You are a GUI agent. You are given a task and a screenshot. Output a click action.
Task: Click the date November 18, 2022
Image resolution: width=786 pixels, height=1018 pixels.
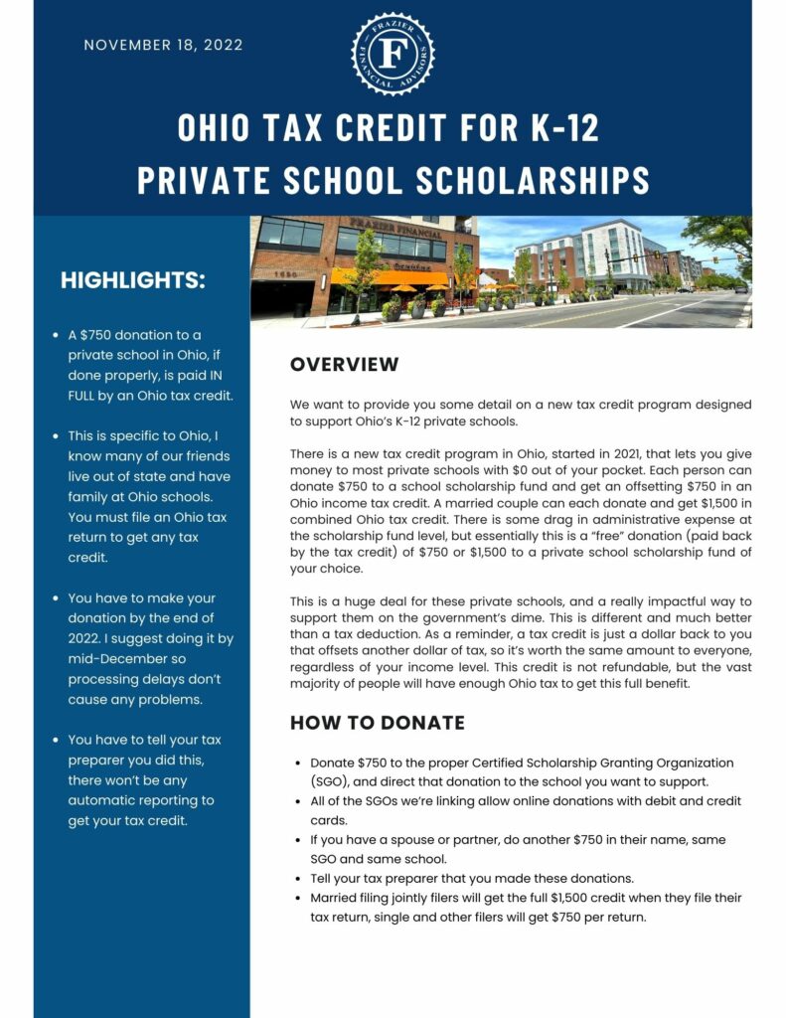click(163, 45)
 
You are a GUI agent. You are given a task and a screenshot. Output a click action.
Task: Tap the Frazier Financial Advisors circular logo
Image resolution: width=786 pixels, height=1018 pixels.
click(393, 54)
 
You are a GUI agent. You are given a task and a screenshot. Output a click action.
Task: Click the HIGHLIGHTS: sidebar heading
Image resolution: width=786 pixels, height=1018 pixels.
click(133, 280)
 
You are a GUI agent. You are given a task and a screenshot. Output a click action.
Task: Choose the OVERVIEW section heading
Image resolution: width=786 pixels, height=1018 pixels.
click(344, 365)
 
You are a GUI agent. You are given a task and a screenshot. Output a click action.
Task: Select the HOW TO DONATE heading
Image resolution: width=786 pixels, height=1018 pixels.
click(377, 723)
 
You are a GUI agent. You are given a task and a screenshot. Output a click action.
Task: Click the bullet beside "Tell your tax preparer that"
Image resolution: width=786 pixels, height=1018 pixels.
click(299, 879)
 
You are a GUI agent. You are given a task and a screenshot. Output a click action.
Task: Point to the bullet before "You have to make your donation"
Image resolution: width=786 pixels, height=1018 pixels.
click(56, 598)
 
